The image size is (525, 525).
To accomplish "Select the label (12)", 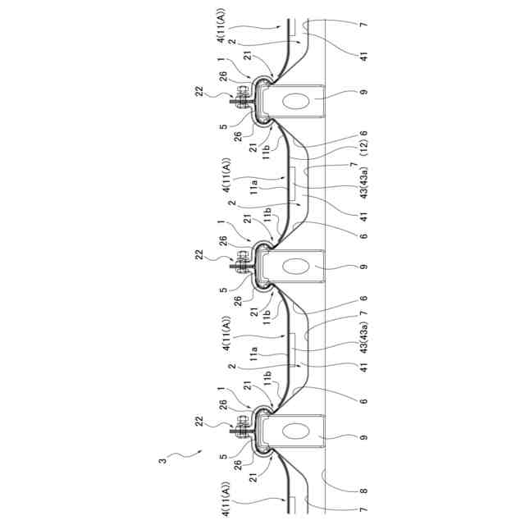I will [363, 153].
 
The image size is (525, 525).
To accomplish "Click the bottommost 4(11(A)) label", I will [225, 501].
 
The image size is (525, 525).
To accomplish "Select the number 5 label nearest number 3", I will [222, 452].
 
